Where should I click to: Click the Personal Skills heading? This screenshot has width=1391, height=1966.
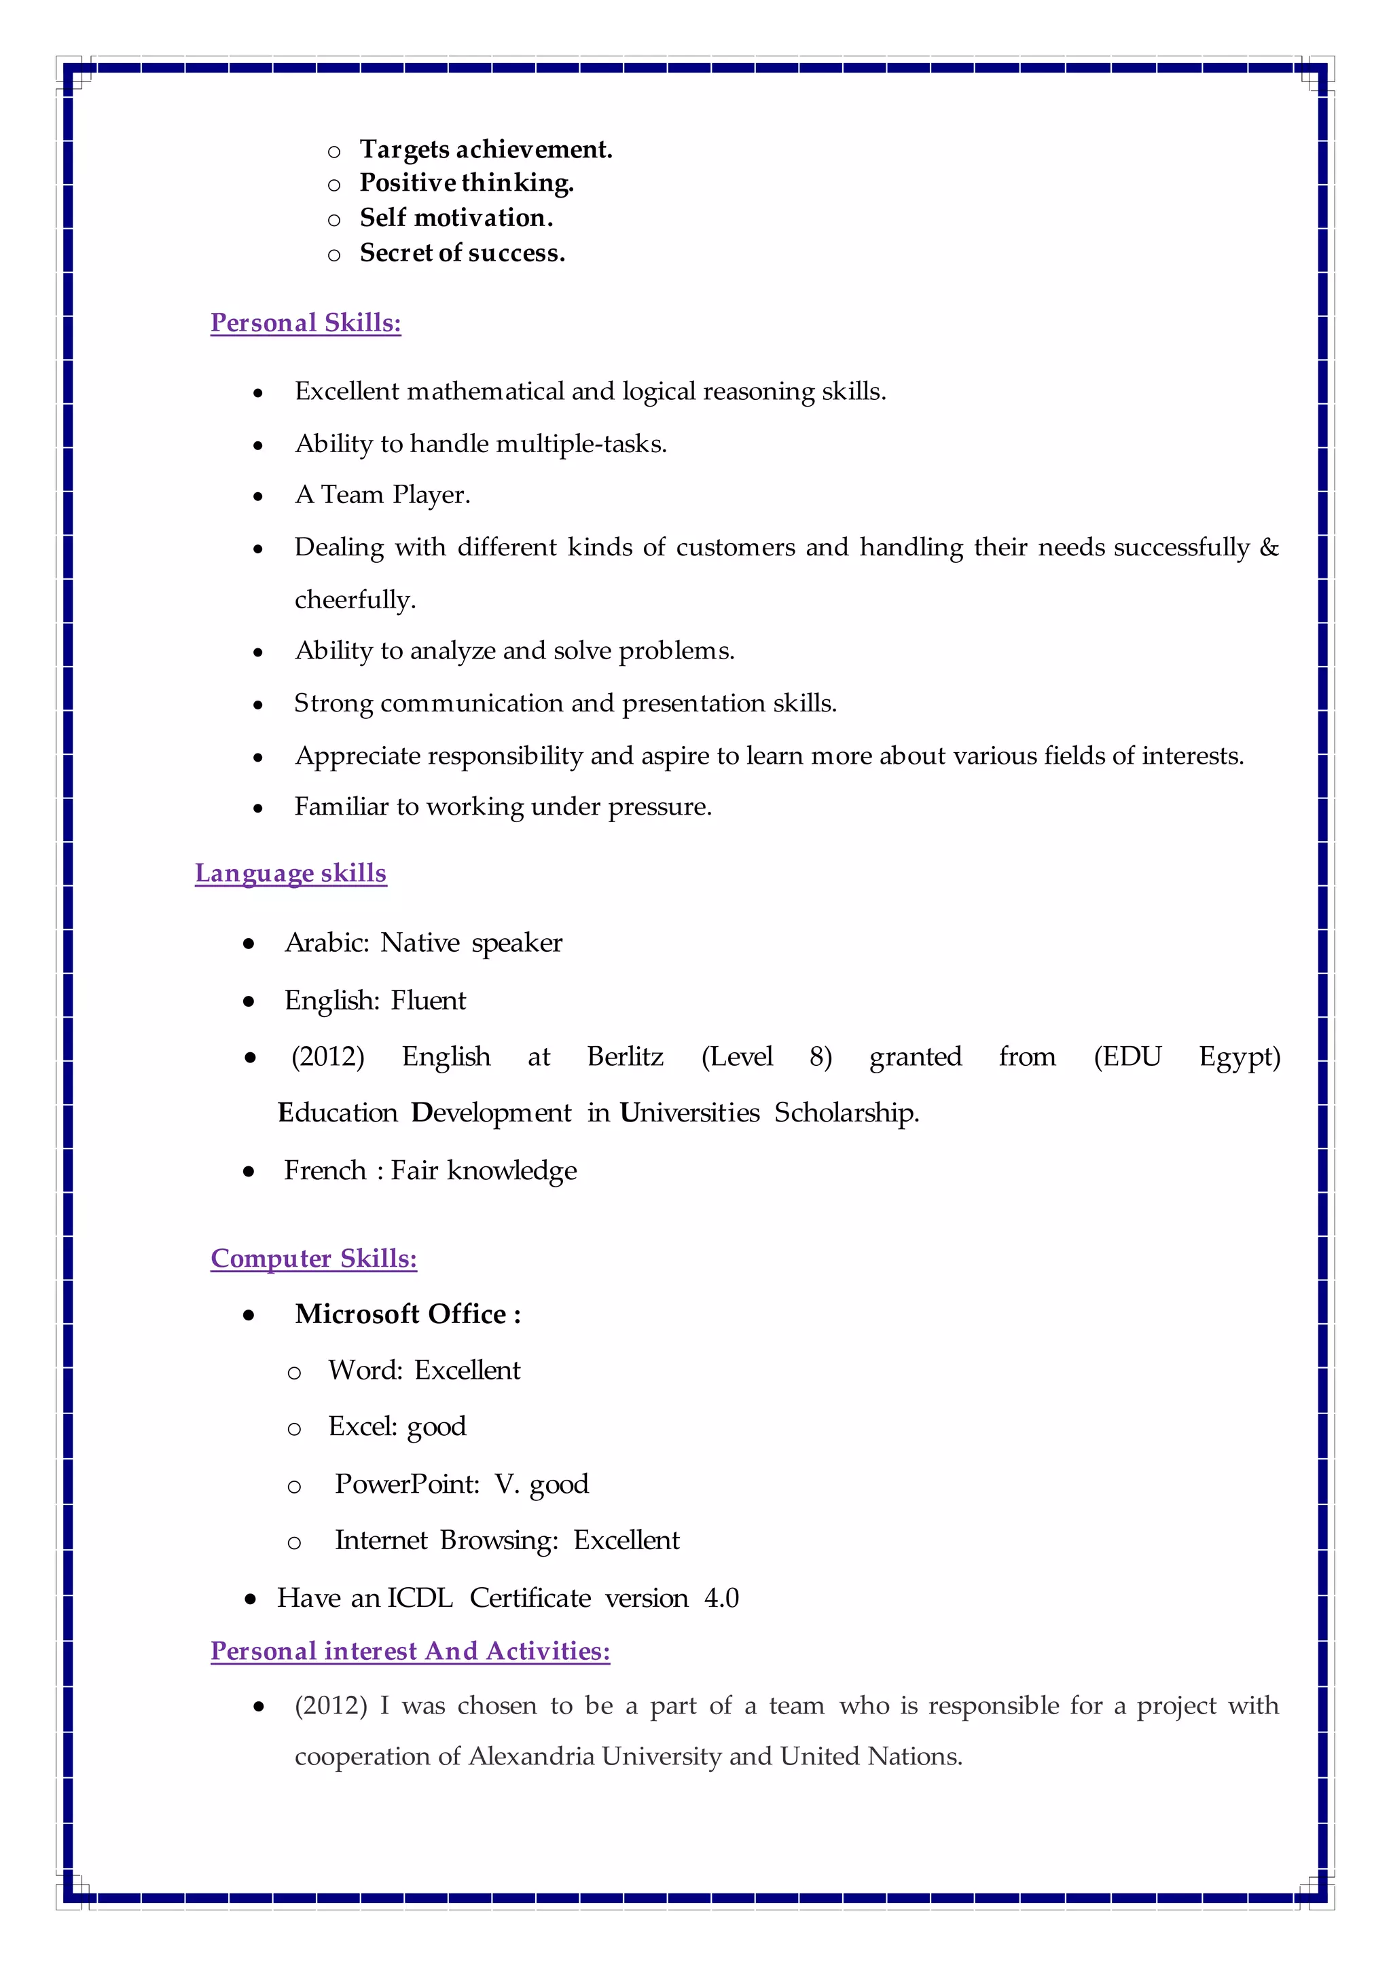[x=306, y=323]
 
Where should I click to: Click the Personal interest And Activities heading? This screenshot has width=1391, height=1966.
[x=410, y=1650]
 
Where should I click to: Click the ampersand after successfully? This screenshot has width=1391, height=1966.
[x=1269, y=547]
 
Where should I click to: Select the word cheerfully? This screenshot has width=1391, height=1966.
[x=354, y=599]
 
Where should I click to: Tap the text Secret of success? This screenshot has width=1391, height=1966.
[x=462, y=253]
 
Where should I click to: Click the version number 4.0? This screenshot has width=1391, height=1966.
[x=721, y=1598]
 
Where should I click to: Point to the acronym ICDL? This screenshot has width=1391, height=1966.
[x=420, y=1598]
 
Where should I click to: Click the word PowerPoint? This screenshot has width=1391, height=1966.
[x=407, y=1484]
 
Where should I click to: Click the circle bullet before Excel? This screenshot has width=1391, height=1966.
[x=294, y=1429]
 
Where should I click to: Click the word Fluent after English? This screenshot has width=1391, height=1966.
[x=429, y=1000]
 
